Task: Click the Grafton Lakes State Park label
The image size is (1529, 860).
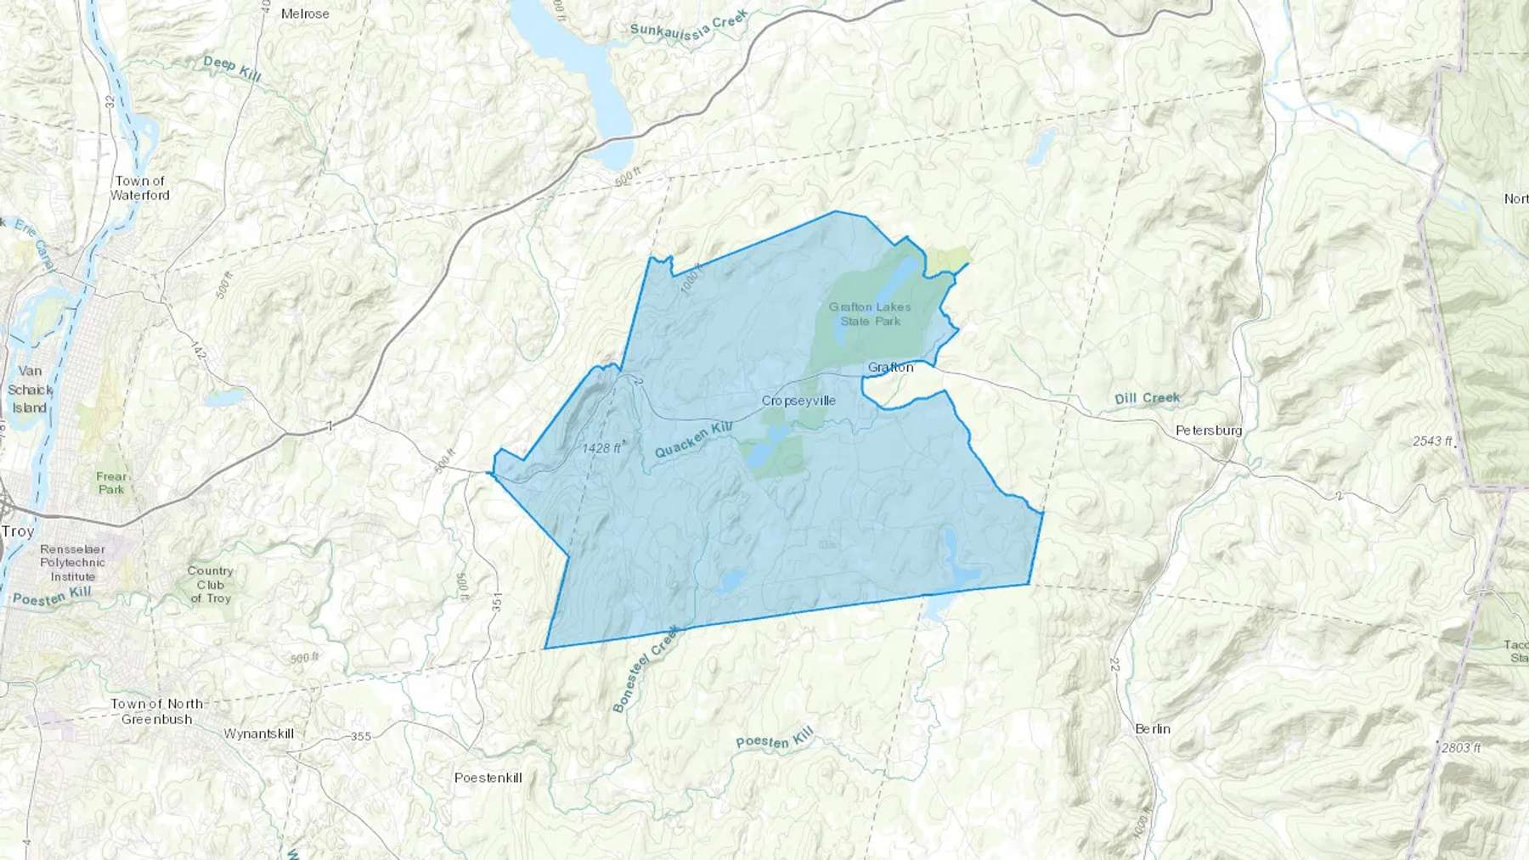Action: pyautogui.click(x=870, y=314)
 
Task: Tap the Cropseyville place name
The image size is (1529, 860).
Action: pyautogui.click(x=798, y=401)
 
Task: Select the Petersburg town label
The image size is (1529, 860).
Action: pyautogui.click(x=1209, y=430)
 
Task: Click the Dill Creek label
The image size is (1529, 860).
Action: pyautogui.click(x=1147, y=398)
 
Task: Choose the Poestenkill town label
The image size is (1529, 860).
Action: pyautogui.click(x=488, y=778)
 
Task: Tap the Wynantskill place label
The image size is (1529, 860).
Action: pyautogui.click(x=258, y=734)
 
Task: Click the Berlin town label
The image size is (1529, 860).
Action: pyautogui.click(x=1153, y=728)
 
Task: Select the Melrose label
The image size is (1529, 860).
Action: pyautogui.click(x=305, y=14)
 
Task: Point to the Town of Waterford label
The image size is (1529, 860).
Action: pyautogui.click(x=140, y=188)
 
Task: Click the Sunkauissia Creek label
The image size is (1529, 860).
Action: pyautogui.click(x=689, y=24)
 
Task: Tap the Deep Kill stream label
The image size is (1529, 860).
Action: pyautogui.click(x=232, y=68)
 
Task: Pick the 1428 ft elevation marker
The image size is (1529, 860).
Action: pyautogui.click(x=603, y=447)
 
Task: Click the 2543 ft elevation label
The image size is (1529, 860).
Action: pyautogui.click(x=1433, y=441)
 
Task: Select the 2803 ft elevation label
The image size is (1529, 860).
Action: pyautogui.click(x=1461, y=748)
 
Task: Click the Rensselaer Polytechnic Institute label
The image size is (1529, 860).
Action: pyautogui.click(x=73, y=563)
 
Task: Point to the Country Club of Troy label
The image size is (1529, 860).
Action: pyautogui.click(x=210, y=584)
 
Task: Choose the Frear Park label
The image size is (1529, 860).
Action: pyautogui.click(x=111, y=483)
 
